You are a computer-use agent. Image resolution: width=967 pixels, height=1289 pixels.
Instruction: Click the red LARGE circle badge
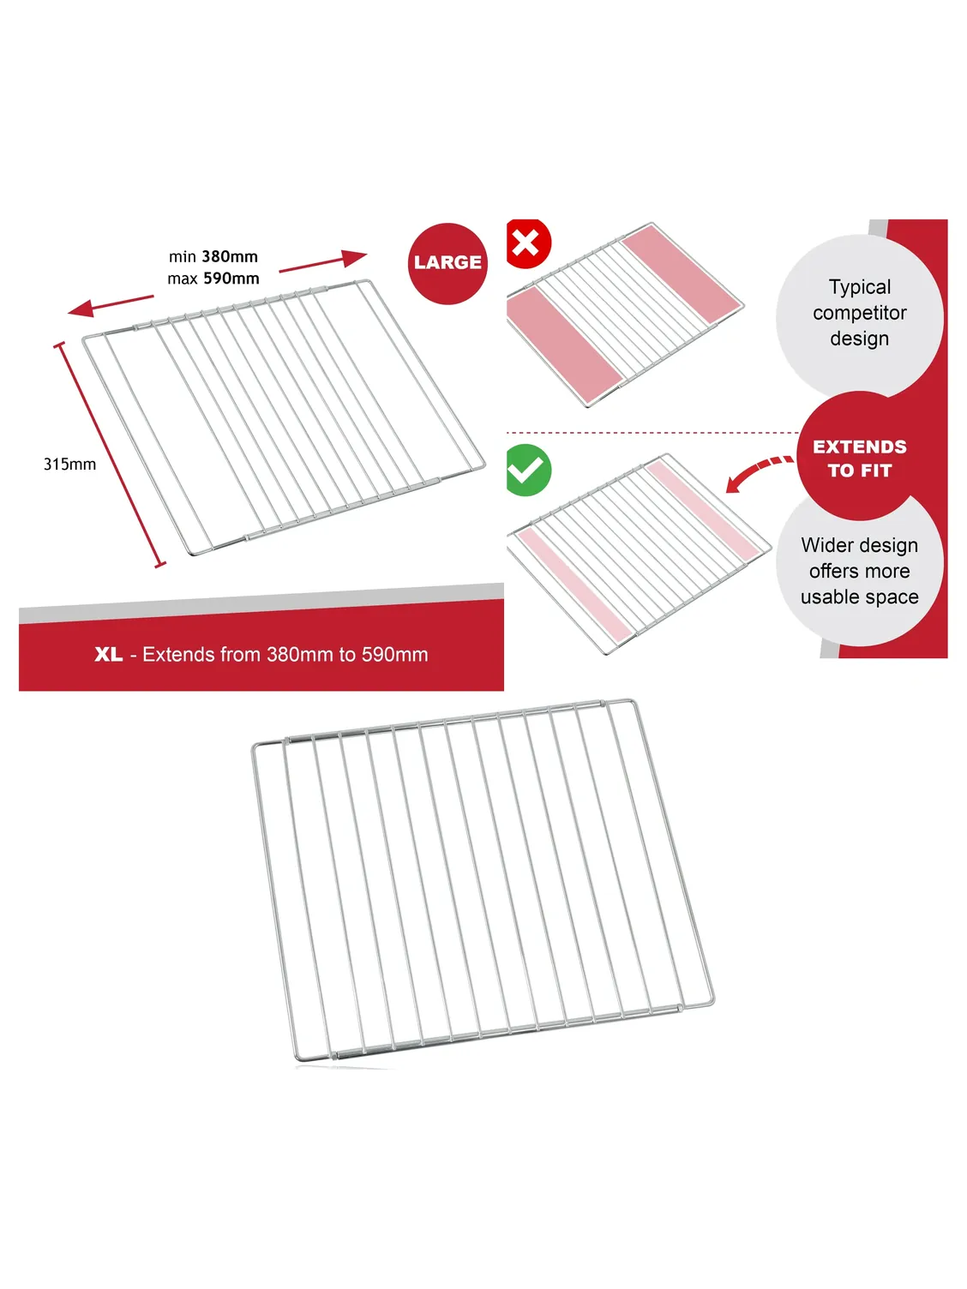[x=447, y=263]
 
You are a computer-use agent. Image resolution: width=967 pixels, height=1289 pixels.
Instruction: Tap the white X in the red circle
[x=525, y=243]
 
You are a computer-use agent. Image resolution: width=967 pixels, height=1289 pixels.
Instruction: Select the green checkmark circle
[x=528, y=470]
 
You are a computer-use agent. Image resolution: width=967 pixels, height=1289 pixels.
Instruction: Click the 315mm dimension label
[x=70, y=464]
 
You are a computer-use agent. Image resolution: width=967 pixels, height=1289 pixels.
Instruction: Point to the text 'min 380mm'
[x=213, y=256]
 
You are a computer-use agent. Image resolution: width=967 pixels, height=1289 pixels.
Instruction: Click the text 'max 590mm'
[x=213, y=279]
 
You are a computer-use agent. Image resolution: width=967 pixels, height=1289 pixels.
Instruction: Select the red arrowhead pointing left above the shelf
[x=81, y=309]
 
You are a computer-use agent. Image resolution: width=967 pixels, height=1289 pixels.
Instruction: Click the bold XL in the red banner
[x=109, y=654]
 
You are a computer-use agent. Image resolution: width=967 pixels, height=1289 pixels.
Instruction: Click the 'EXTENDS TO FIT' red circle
[x=859, y=456]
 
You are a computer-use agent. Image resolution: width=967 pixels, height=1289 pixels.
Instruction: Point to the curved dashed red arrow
[x=758, y=471]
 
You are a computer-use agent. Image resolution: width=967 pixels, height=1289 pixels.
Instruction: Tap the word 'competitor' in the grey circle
[x=860, y=313]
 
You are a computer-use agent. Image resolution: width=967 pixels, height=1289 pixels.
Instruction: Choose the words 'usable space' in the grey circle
[x=860, y=597]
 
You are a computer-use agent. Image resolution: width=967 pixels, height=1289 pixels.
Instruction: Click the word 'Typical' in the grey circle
[x=860, y=287]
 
